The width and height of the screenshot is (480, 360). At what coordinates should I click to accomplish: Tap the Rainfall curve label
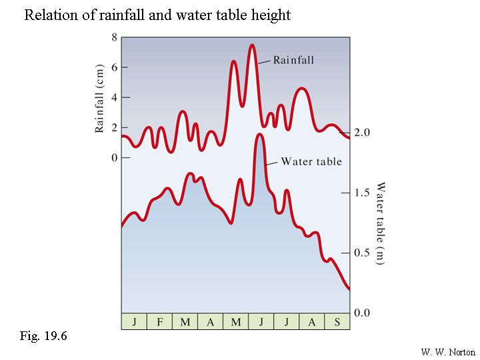pos(293,60)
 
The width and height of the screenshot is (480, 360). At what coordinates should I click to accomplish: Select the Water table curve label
pos(311,161)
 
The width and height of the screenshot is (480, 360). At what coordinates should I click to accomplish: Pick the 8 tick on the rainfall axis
pos(114,37)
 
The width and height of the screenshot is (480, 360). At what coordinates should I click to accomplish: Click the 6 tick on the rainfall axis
pos(114,67)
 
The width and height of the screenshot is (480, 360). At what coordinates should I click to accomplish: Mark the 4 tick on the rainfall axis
pos(114,97)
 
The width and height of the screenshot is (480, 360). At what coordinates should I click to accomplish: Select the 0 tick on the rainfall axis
pos(114,157)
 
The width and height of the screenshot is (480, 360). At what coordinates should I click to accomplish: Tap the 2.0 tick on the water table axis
pos(361,133)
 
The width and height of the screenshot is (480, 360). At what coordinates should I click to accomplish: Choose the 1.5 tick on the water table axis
pos(361,193)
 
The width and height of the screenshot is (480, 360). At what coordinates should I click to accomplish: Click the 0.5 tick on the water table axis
pos(361,253)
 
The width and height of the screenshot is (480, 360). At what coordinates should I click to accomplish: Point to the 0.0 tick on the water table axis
pos(361,313)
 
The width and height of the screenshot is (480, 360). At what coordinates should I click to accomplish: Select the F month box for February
pos(159,322)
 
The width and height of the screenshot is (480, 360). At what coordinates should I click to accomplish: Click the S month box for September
pos(337,322)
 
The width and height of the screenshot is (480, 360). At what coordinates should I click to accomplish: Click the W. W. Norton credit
pos(448,351)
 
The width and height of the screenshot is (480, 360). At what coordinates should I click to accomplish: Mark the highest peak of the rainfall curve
pos(252,45)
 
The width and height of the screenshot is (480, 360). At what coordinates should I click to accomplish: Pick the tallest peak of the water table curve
pos(259,135)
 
